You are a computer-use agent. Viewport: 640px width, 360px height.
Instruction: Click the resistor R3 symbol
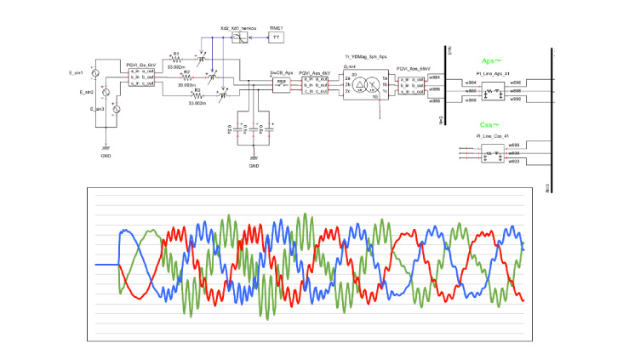[197, 95]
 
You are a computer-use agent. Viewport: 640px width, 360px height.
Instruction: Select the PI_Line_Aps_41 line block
[492, 89]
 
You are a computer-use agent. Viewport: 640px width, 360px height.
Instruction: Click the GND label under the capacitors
[254, 165]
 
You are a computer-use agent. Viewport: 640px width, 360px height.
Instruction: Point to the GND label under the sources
[105, 155]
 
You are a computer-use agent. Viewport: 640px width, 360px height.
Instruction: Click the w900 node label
[514, 100]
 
